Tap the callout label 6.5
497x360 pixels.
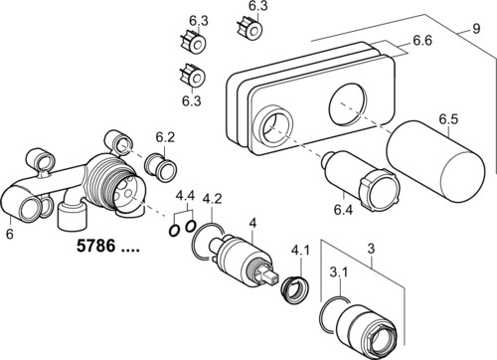click(448, 119)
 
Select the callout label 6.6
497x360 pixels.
click(422, 41)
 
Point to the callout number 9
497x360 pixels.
click(476, 29)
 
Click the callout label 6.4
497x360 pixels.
click(343, 210)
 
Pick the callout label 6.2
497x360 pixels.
click(165, 137)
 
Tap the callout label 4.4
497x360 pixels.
click(185, 196)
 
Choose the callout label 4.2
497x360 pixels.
click(212, 199)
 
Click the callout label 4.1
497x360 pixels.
click(300, 251)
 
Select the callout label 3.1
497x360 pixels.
click(339, 272)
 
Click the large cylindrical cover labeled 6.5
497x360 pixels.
click(435, 162)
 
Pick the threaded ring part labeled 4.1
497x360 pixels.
click(295, 288)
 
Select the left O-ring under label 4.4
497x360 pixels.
click(175, 230)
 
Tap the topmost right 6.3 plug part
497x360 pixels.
click(250, 28)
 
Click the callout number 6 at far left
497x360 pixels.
click(10, 234)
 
